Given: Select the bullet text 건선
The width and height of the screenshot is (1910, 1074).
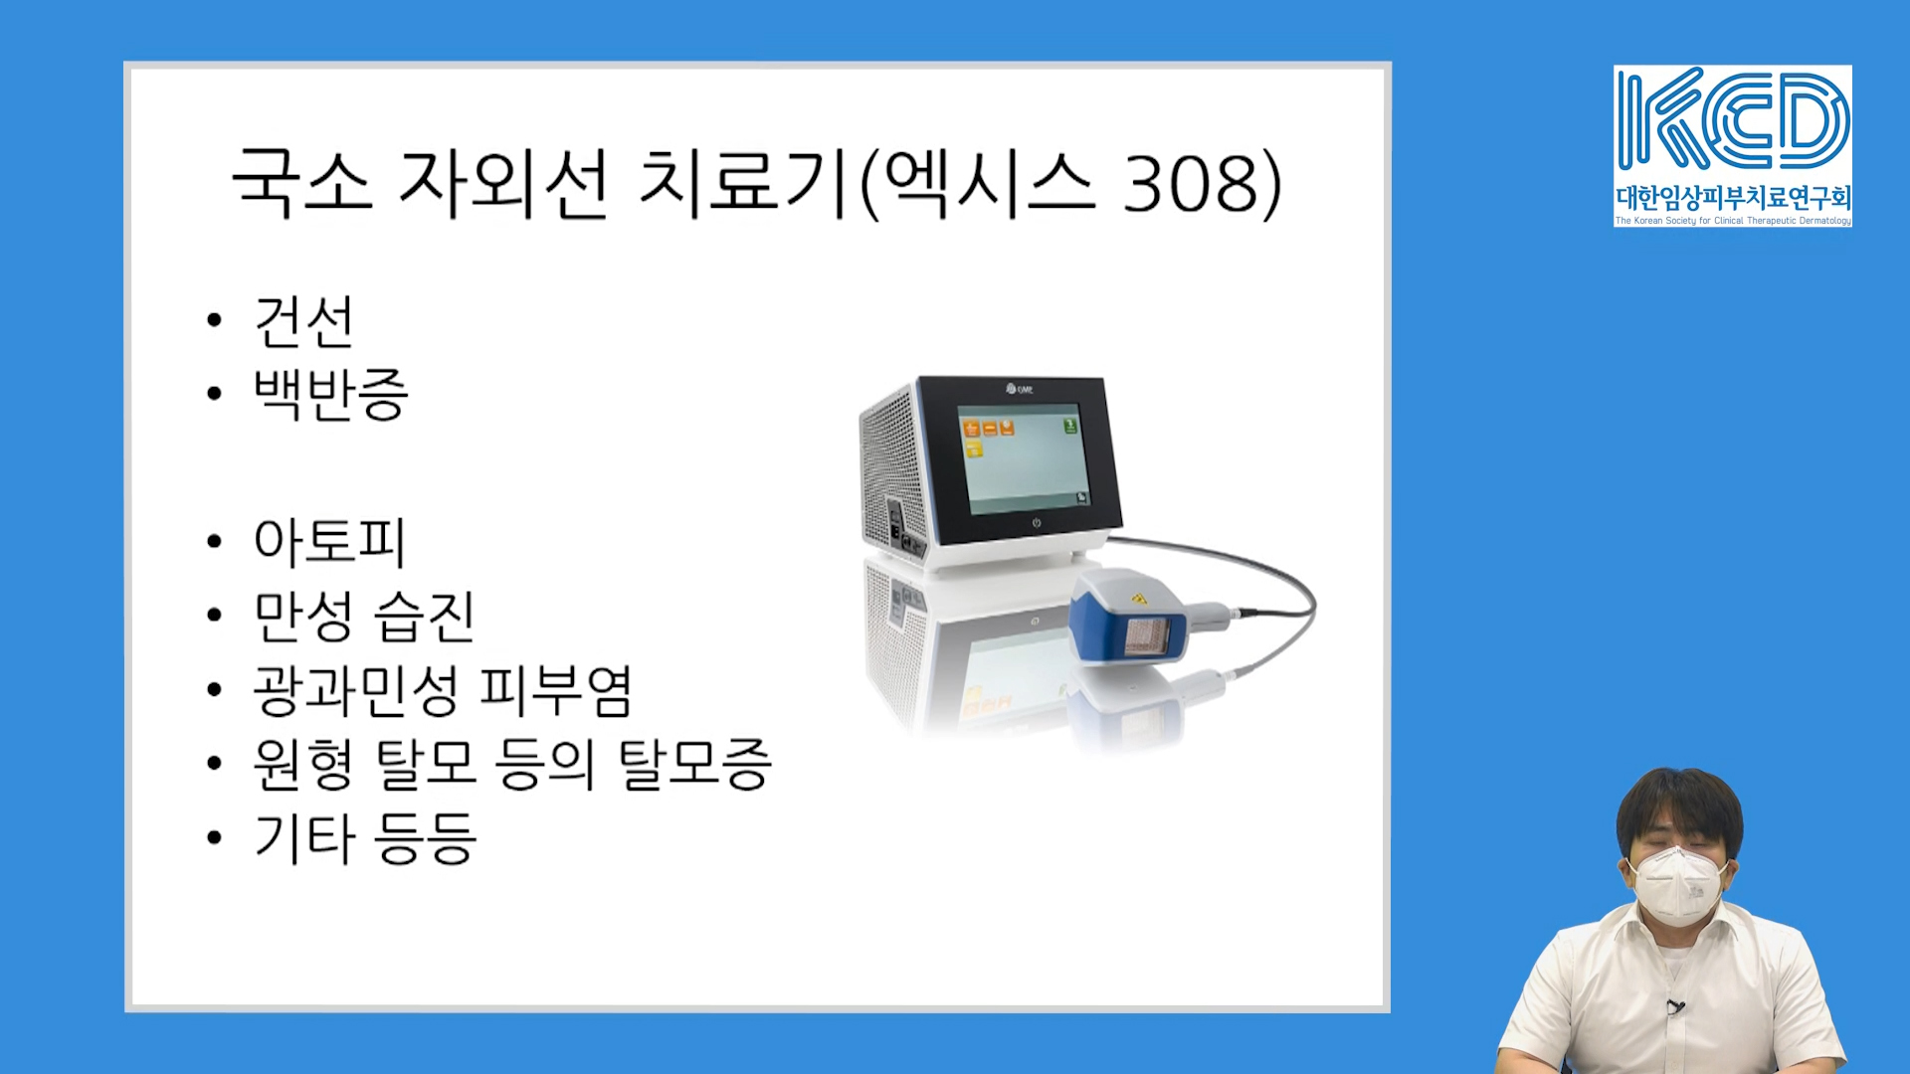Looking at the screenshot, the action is [x=303, y=321].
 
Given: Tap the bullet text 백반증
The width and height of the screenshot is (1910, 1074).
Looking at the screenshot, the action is [x=330, y=394].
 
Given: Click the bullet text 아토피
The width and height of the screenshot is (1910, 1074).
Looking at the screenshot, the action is [x=329, y=542].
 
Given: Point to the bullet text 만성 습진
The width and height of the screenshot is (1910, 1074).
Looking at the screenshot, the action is [x=364, y=617].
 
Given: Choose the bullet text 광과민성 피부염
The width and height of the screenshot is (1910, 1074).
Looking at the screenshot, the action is [x=443, y=690].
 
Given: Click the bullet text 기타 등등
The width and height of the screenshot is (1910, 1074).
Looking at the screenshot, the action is [x=365, y=837].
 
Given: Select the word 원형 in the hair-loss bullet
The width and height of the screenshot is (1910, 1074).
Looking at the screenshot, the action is [x=303, y=765].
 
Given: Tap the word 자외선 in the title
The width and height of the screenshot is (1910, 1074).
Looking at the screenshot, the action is [x=502, y=183].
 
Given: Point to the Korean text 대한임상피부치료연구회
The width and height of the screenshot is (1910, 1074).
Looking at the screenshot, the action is [x=1732, y=197].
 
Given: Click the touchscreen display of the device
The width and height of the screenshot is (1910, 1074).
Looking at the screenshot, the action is [x=1023, y=458].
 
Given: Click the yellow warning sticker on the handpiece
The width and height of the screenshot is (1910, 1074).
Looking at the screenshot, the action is [x=1139, y=600].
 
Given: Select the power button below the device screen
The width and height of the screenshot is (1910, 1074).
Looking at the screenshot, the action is [x=1036, y=523].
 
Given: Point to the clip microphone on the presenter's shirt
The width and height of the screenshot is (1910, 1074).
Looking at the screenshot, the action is [x=1675, y=1007].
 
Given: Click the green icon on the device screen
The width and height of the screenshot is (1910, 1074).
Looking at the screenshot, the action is [x=1070, y=426].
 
